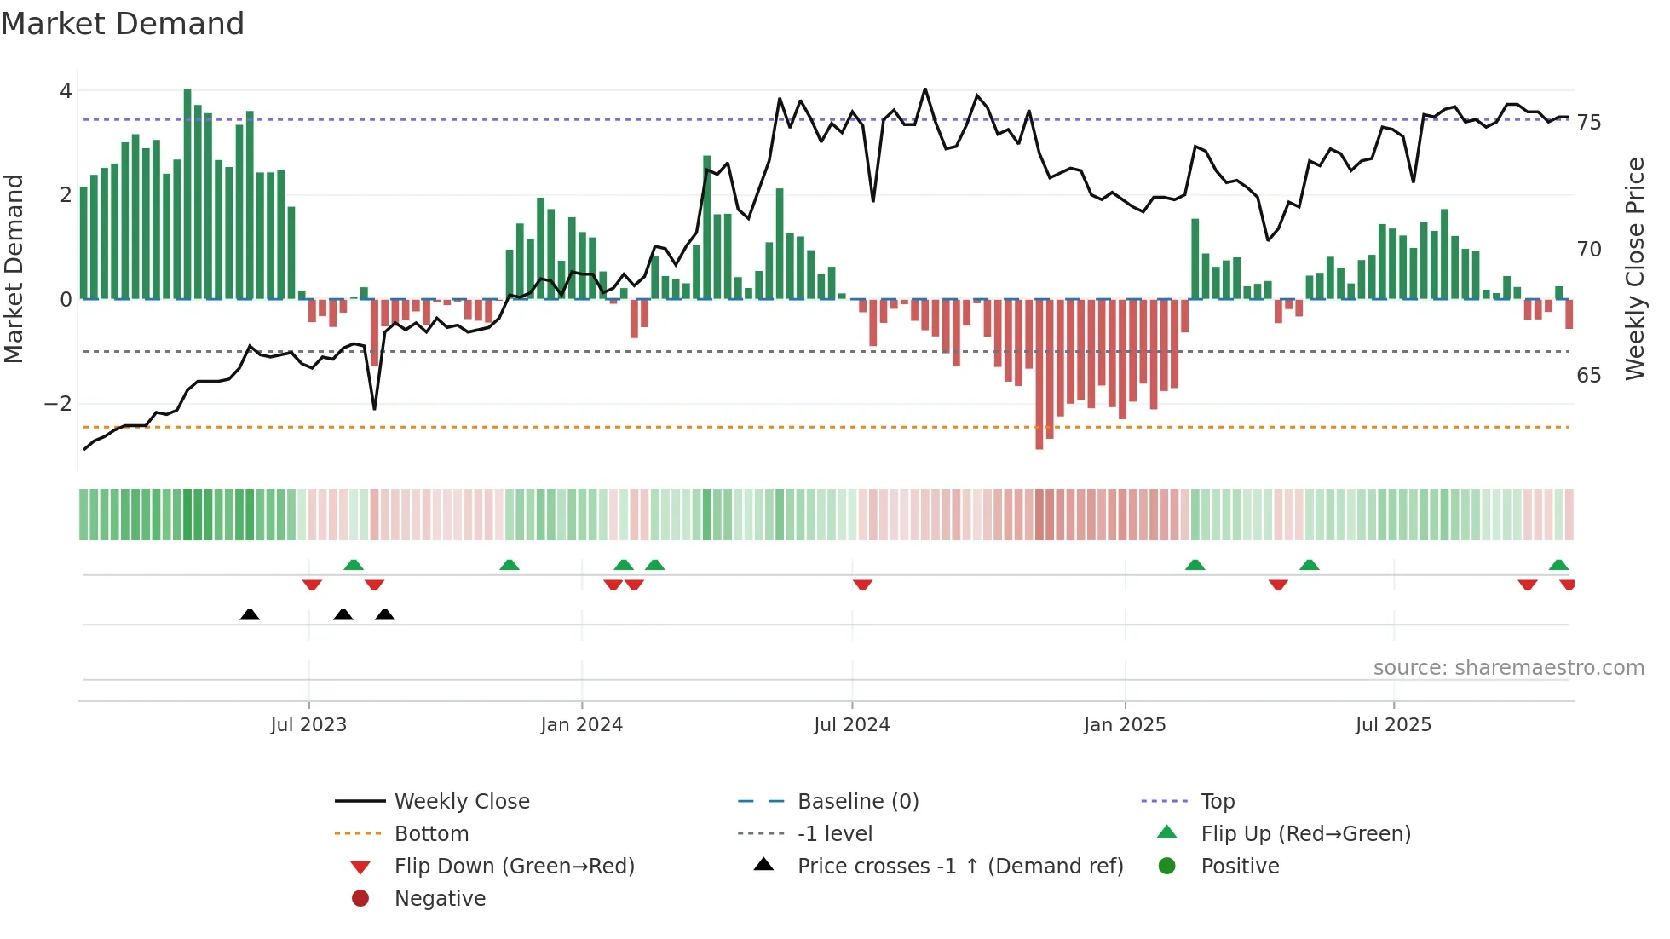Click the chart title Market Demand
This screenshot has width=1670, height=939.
click(x=123, y=24)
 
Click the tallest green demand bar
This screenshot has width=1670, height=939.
click(x=187, y=194)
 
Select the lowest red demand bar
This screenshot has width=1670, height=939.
click(x=1039, y=375)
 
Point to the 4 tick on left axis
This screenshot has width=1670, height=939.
click(x=66, y=90)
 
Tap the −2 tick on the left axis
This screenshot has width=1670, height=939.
click(x=59, y=404)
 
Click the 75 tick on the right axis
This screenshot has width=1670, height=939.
click(x=1589, y=123)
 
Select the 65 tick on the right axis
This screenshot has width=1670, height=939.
click(x=1589, y=376)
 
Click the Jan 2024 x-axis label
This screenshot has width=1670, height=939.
click(x=582, y=725)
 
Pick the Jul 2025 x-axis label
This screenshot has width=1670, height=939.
click(x=1394, y=725)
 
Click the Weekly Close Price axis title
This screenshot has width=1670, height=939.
click(x=1635, y=268)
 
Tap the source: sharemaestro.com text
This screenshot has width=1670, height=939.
click(x=1508, y=668)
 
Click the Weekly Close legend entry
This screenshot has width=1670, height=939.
click(x=461, y=802)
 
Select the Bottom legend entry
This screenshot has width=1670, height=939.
click(x=431, y=834)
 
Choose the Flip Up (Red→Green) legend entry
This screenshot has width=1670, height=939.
click(x=1305, y=834)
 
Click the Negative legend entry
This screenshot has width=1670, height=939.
click(x=440, y=899)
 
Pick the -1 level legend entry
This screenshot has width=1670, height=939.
click(x=834, y=834)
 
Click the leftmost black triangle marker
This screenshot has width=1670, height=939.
click(x=250, y=614)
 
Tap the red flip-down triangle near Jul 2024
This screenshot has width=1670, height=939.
click(x=862, y=585)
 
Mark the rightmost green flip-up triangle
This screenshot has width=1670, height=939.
click(x=1558, y=565)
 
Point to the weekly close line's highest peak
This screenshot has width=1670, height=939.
click(x=925, y=89)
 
